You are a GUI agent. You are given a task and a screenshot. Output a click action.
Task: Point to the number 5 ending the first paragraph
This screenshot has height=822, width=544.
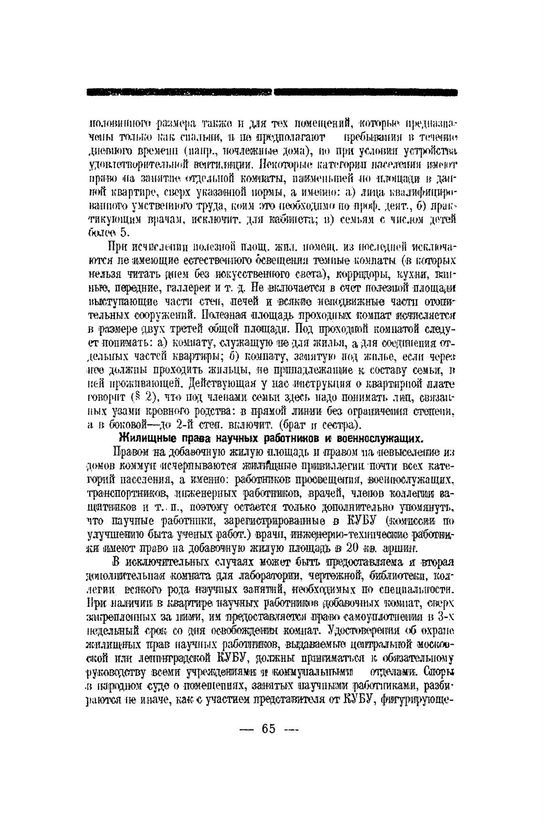(124, 233)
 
